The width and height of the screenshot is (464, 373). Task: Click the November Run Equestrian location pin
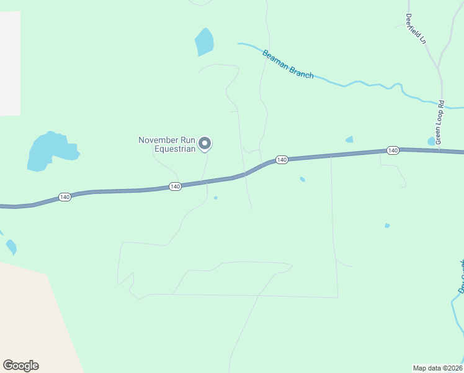[205, 144]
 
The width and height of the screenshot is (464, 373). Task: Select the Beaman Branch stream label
[288, 64]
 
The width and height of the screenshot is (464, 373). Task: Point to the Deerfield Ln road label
[416, 29]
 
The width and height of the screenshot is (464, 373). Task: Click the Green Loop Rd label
[440, 122]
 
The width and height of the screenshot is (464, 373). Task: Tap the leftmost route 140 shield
[65, 196]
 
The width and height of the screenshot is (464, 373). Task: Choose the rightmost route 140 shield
[392, 150]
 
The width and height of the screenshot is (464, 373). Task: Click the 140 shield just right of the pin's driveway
[282, 160]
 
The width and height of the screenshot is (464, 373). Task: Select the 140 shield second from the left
[175, 186]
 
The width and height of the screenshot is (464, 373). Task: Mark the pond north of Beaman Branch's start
[204, 42]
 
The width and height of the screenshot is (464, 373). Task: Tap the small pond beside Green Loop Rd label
[431, 141]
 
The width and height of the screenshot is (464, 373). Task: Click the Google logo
[20, 366]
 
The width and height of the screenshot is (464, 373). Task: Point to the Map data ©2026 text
[438, 367]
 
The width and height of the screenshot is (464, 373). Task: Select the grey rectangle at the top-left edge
[9, 62]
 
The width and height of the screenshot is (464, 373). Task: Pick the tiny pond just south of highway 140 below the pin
[215, 198]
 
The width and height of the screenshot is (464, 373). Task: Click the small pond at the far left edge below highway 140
[11, 247]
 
